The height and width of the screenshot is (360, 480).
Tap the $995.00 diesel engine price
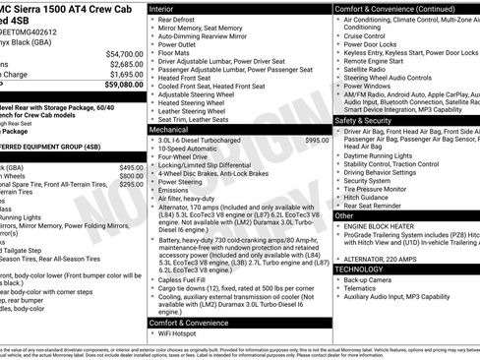(317, 141)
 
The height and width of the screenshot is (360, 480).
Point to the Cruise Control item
(372, 34)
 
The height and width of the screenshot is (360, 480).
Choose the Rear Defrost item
(178, 19)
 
